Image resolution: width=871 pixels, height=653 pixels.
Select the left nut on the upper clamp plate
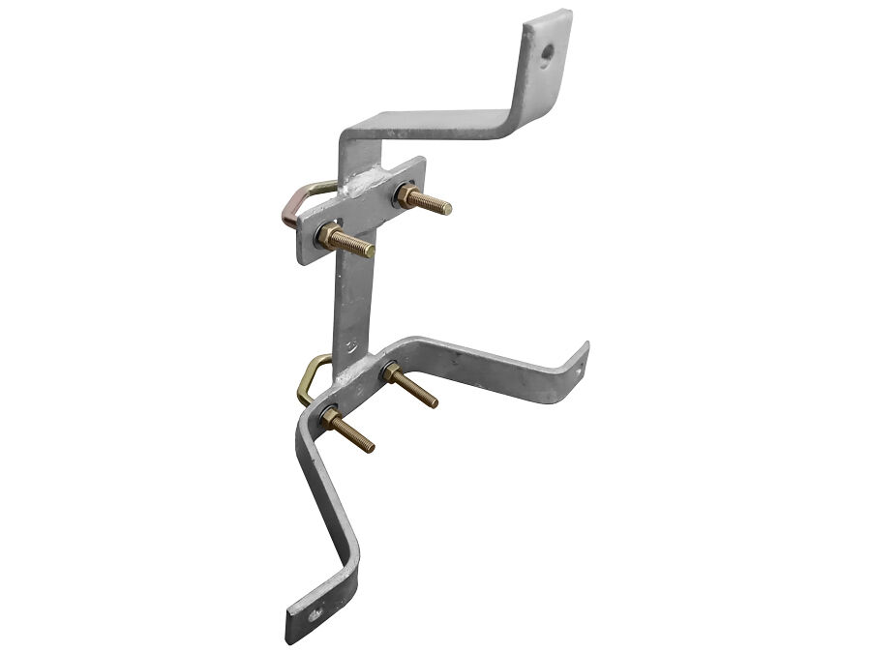(330, 234)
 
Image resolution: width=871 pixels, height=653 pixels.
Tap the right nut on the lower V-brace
(390, 371)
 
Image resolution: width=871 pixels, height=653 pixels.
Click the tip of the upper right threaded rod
(447, 208)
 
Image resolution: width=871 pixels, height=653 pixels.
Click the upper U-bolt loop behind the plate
(295, 206)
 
